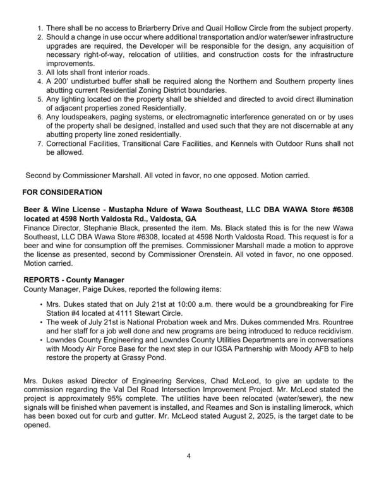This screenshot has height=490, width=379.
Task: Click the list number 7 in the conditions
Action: click(x=40, y=143)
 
